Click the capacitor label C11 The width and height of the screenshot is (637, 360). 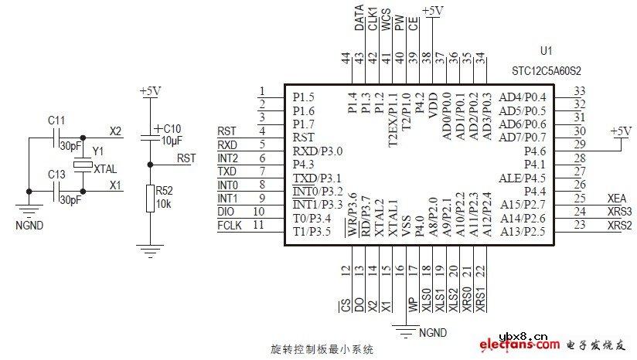point(56,121)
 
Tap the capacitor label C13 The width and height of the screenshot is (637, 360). point(56,175)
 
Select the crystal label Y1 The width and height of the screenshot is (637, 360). point(97,151)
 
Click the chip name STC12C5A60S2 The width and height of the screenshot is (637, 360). point(545,70)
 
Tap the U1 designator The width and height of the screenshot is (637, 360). point(547,51)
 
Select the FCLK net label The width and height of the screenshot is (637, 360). point(230,225)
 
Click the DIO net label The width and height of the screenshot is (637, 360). point(226,211)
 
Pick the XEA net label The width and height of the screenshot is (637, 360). point(618,198)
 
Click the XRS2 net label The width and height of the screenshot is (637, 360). point(620,225)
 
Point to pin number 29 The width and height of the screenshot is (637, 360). point(580,144)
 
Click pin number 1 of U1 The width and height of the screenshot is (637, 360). point(263,90)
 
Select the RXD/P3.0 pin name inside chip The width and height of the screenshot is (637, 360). point(317,151)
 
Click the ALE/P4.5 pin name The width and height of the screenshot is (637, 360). point(523,178)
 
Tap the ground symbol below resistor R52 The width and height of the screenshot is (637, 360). point(150,249)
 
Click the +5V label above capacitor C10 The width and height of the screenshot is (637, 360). point(150,91)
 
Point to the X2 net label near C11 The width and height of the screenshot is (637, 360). point(115,131)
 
